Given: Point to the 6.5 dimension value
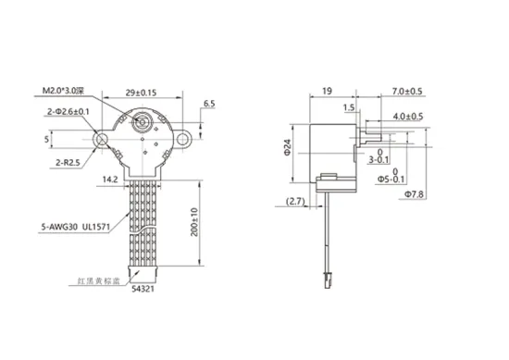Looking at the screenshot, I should [x=208, y=104].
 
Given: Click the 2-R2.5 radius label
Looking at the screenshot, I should [x=68, y=164].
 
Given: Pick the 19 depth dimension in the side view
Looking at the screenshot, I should [x=328, y=92].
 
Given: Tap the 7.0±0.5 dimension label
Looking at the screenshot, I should [x=406, y=92].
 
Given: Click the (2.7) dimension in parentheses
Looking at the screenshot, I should [x=296, y=202].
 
